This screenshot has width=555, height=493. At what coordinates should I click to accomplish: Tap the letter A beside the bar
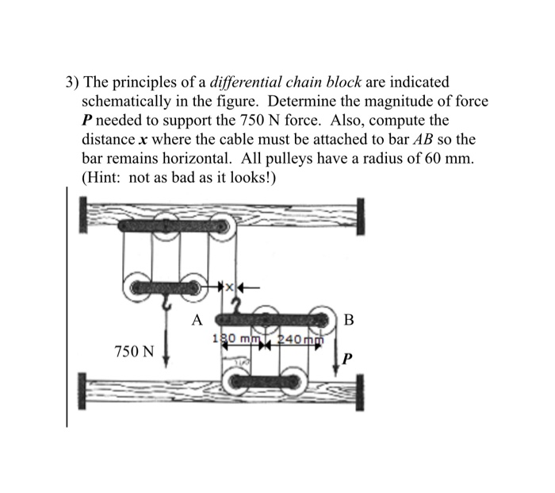197,321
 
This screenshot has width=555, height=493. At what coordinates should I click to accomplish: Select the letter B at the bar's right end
350,321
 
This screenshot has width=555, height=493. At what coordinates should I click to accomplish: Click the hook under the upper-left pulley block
166,302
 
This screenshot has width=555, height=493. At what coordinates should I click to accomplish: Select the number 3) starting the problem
71,82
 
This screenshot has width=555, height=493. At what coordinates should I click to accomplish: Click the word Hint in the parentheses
105,177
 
